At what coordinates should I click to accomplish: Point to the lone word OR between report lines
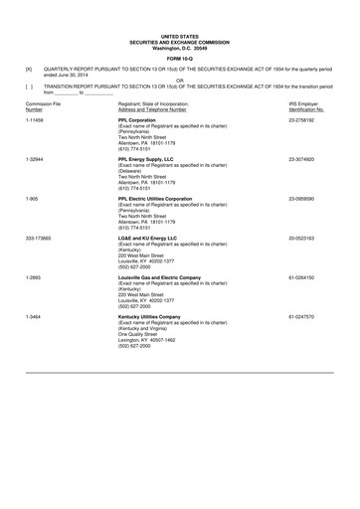180,81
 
